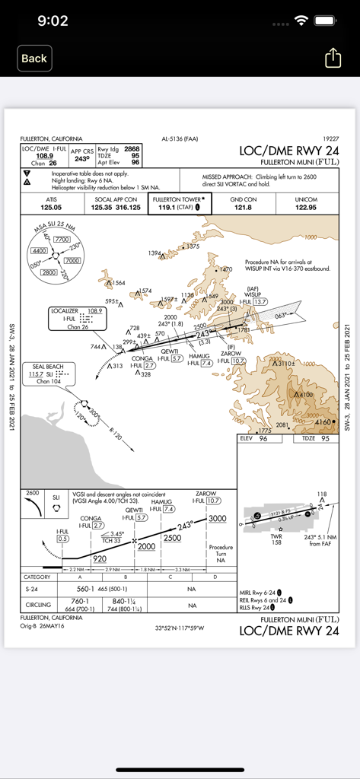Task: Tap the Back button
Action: click(33, 58)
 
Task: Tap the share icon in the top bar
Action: click(333, 58)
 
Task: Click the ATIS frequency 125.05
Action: click(52, 207)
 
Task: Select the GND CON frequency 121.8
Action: click(243, 207)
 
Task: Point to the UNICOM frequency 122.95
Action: click(307, 207)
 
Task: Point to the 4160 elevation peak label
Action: click(324, 421)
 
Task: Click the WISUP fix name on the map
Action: click(252, 295)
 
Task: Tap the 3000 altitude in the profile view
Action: click(217, 519)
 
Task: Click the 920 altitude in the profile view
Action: click(99, 558)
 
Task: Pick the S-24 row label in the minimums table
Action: click(33, 589)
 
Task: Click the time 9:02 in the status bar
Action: click(53, 21)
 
